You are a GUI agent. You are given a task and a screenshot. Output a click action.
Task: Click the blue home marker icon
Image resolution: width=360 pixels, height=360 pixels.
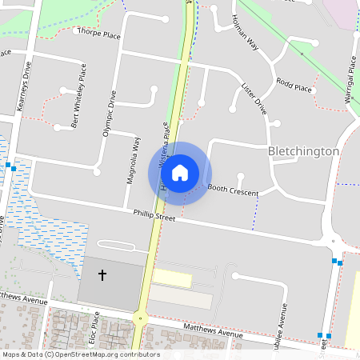tap(180, 173)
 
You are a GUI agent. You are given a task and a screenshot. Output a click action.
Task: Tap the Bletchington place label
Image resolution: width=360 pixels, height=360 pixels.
tap(304, 150)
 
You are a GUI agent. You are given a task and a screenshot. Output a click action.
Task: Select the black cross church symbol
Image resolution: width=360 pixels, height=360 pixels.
tap(102, 275)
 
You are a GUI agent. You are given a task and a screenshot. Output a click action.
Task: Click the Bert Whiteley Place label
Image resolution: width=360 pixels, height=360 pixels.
tap(78, 101)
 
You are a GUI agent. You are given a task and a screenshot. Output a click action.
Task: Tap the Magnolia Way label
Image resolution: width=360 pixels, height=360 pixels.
tap(134, 160)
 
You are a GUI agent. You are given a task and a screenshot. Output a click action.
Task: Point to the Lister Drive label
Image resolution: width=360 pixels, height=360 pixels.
tap(253, 99)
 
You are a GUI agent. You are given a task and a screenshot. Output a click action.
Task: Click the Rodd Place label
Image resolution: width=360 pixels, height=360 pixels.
tap(294, 85)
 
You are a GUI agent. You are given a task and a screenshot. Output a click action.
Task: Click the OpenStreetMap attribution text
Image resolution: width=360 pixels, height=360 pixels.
tap(80, 354)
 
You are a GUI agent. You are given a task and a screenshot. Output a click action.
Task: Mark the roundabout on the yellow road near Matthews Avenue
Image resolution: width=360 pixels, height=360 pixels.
tap(140, 318)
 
